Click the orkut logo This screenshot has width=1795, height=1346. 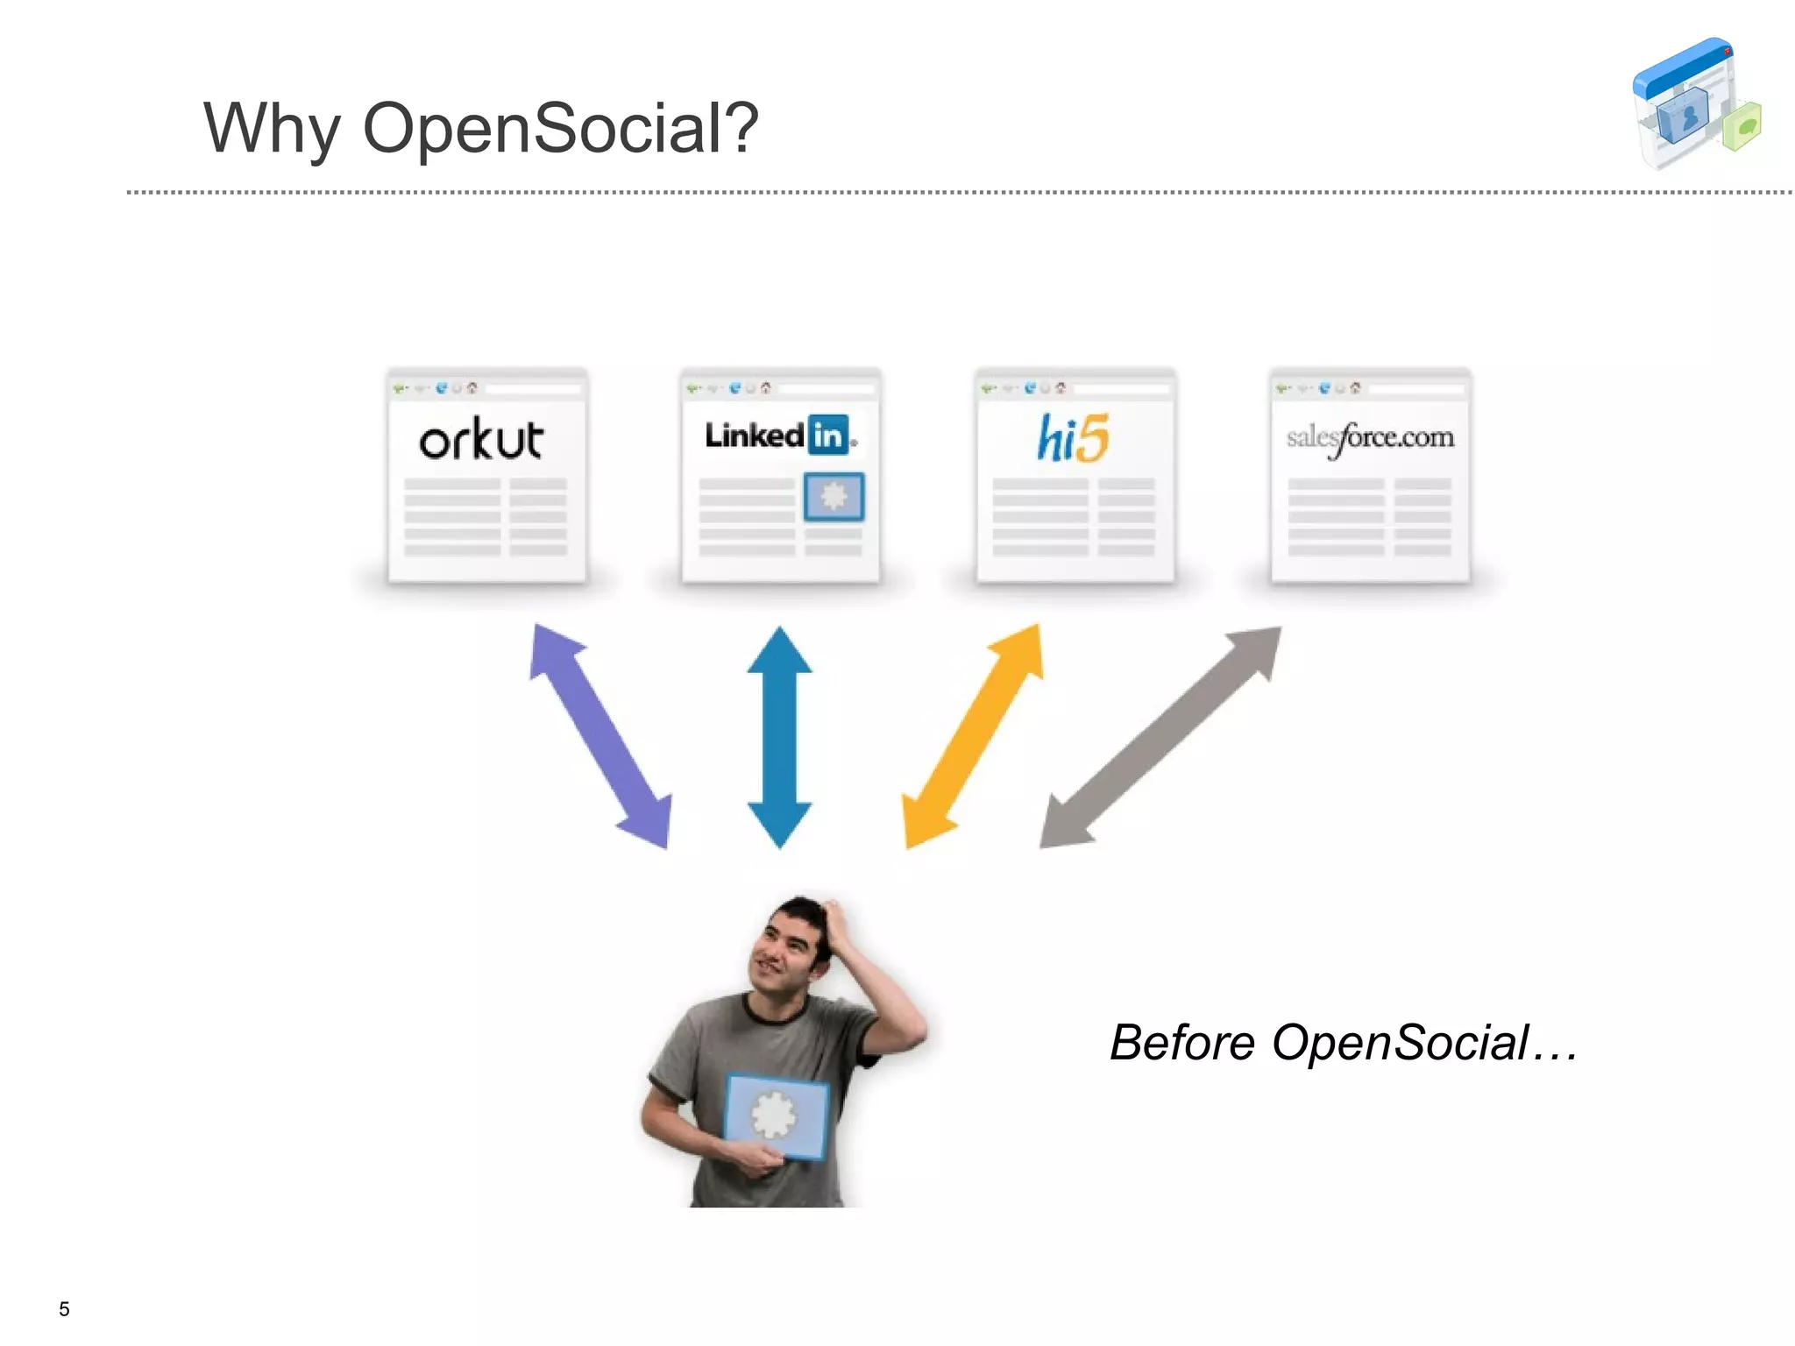pyautogui.click(x=481, y=439)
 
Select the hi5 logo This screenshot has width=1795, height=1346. pyautogui.click(x=1074, y=438)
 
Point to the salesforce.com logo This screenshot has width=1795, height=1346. pyautogui.click(x=1370, y=437)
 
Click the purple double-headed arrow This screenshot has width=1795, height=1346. pyautogui.click(x=600, y=736)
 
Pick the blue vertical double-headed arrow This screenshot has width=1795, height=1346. pyautogui.click(x=779, y=737)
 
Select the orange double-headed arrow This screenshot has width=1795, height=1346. pyautogui.click(x=974, y=736)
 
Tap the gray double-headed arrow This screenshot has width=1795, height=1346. pyautogui.click(x=1160, y=737)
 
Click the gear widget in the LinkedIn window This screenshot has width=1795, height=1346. pyautogui.click(x=834, y=496)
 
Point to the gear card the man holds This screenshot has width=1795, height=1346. pyautogui.click(x=776, y=1116)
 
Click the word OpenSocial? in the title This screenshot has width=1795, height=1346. pyautogui.click(x=560, y=128)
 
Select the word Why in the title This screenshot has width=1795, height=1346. pyautogui.click(x=271, y=129)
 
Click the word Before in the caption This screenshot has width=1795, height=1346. pyautogui.click(x=1181, y=1043)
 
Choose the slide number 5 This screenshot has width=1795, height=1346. pyautogui.click(x=64, y=1308)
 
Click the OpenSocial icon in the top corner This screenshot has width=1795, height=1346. pyautogui.click(x=1695, y=103)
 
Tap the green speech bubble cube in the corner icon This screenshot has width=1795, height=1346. pyautogui.click(x=1742, y=127)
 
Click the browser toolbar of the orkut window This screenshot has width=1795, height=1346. pyautogui.click(x=487, y=387)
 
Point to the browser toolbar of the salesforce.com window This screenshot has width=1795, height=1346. pyautogui.click(x=1370, y=387)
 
